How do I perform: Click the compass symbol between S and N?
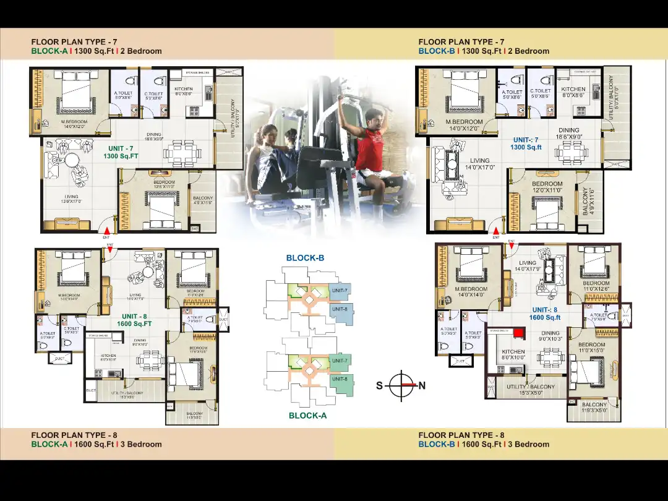point(401,385)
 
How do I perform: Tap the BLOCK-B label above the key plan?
point(305,258)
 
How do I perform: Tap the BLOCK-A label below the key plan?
point(307,416)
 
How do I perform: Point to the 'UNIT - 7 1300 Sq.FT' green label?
point(121,153)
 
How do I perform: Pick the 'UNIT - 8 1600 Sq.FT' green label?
point(134,320)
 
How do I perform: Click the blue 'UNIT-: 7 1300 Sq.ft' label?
point(526,143)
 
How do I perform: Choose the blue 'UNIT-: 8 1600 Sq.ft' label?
point(544,314)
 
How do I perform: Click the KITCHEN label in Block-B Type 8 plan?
point(513,354)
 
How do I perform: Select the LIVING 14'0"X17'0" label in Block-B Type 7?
point(479,164)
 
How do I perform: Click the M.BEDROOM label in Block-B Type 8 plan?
point(471,292)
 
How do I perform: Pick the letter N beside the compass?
point(422,386)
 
